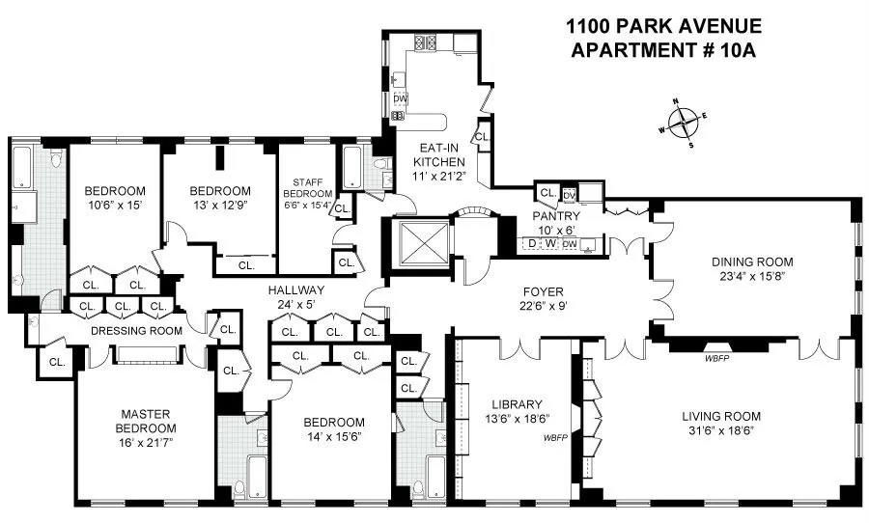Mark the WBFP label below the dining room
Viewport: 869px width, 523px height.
click(x=717, y=357)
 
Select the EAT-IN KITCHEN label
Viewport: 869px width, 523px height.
click(x=441, y=155)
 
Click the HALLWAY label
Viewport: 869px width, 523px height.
click(x=296, y=289)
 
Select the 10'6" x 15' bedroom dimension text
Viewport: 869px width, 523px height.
click(x=114, y=206)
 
